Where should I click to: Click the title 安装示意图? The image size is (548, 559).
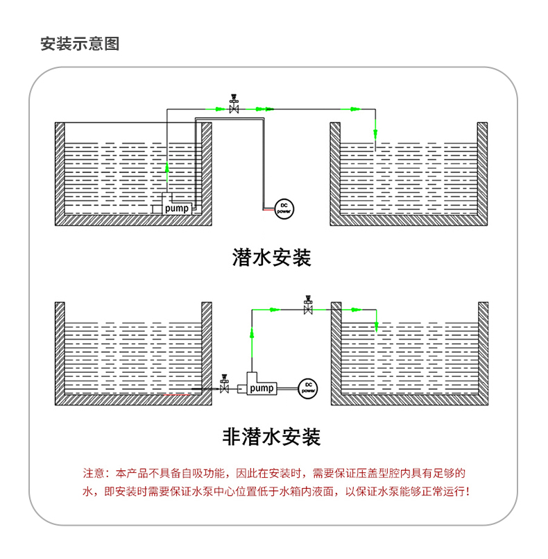(80, 44)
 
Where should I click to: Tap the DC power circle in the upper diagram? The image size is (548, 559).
(284, 208)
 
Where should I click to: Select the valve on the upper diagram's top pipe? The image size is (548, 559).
(234, 107)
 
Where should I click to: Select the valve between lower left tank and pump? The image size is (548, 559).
(224, 387)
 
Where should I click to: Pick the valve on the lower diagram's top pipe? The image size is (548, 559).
(307, 307)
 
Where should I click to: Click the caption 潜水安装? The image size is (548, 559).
(271, 258)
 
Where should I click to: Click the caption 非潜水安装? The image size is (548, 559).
(271, 437)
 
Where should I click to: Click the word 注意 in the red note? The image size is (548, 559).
(93, 474)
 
